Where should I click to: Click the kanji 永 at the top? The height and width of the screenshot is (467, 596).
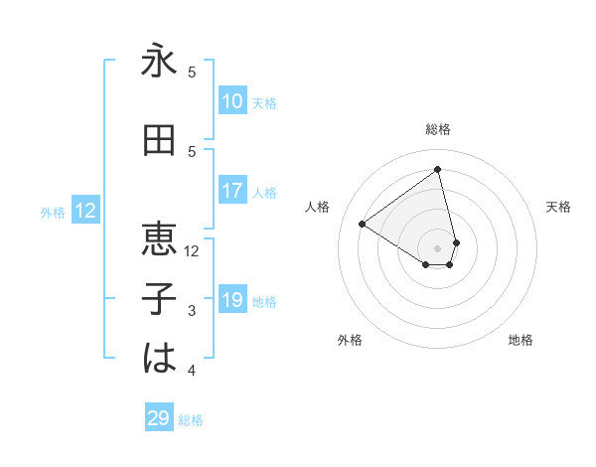coord(159,63)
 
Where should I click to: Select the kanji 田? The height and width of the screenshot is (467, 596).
coord(159,142)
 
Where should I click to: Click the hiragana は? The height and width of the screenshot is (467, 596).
coord(159,359)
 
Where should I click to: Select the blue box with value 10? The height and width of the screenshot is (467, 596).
coord(232,101)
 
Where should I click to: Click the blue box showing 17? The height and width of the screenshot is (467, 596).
coord(232,191)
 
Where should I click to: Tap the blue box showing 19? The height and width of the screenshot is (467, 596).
coord(232,300)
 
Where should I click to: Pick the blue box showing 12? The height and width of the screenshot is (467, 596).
coord(85,211)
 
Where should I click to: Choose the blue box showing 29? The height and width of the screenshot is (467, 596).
coord(159,418)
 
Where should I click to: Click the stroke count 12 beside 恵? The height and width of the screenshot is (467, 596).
coord(193,251)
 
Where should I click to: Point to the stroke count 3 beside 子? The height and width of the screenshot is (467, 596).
coord(193,311)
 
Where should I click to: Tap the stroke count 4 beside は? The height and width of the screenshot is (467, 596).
coord(193,371)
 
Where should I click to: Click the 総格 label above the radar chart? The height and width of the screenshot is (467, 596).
coord(438,129)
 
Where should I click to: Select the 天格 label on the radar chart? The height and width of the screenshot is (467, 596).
coord(558,207)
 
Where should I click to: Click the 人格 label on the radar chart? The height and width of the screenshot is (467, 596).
coord(318,207)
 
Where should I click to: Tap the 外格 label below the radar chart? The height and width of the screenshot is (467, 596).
coord(350,340)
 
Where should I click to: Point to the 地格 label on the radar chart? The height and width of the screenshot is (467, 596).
coord(521,340)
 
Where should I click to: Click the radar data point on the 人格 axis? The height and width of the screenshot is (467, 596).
coord(363,224)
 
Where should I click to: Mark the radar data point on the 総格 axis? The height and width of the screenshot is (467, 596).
coord(438,169)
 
